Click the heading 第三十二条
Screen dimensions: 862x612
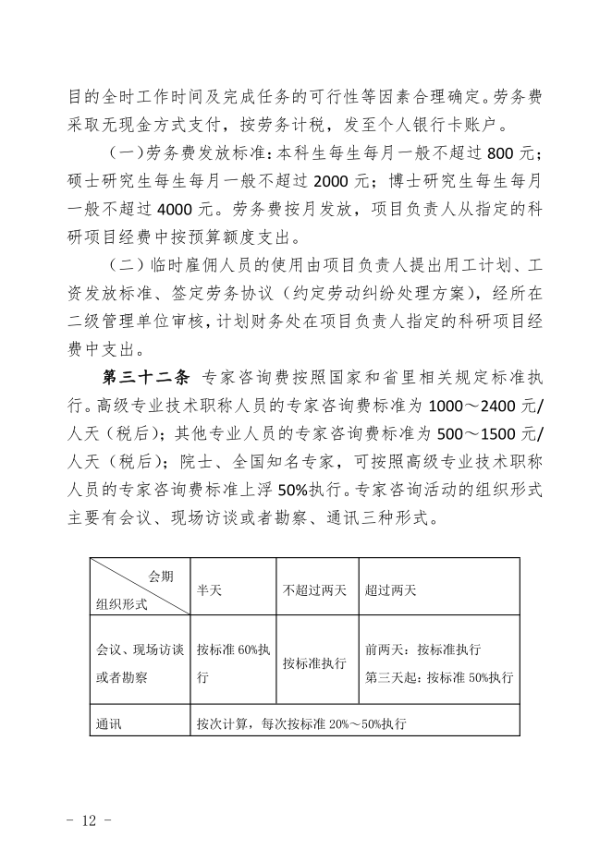coord(145,379)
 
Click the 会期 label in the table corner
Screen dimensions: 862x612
coord(160,577)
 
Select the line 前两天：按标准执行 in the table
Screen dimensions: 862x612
coord(422,650)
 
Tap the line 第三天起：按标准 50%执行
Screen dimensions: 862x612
coord(439,677)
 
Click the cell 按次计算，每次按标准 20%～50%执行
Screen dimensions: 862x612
coord(301,723)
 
